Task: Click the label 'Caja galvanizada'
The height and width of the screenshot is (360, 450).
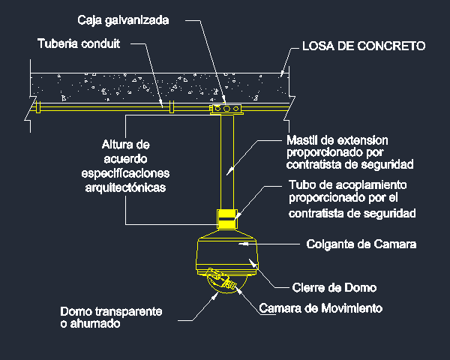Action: [123, 21]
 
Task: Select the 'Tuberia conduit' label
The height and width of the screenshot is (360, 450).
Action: [79, 43]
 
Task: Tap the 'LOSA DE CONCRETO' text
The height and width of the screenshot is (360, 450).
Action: [364, 46]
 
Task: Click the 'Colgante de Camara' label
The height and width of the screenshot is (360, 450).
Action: [361, 244]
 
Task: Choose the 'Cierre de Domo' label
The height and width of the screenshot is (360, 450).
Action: [334, 287]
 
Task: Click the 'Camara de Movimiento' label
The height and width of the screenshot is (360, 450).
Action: [321, 308]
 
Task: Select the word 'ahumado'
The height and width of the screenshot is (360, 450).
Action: [95, 323]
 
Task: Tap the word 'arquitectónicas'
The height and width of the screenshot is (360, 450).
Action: [125, 187]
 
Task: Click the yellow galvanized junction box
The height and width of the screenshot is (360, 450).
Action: [226, 109]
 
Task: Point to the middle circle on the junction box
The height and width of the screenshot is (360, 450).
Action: [226, 109]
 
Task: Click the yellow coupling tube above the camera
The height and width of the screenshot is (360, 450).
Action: [227, 219]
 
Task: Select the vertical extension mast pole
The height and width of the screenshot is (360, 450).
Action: [227, 162]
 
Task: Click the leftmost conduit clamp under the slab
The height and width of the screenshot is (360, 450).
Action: [38, 107]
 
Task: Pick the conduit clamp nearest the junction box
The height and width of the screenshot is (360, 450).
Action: [172, 106]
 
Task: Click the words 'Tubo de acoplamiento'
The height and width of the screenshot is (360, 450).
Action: [347, 185]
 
